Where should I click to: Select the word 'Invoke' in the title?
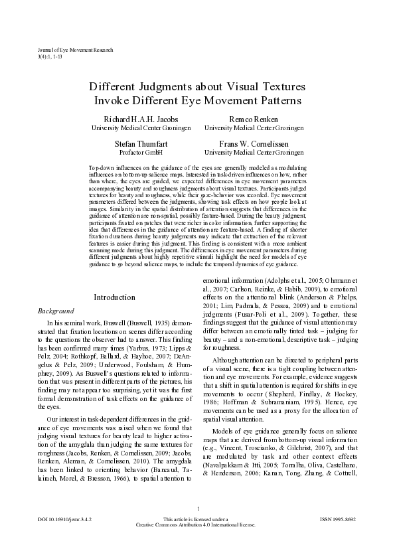coord(116,101)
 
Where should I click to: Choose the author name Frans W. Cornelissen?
coord(248,143)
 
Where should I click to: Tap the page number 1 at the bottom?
coord(198,527)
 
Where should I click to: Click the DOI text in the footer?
coord(65,537)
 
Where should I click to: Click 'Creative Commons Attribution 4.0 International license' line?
coord(198,543)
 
